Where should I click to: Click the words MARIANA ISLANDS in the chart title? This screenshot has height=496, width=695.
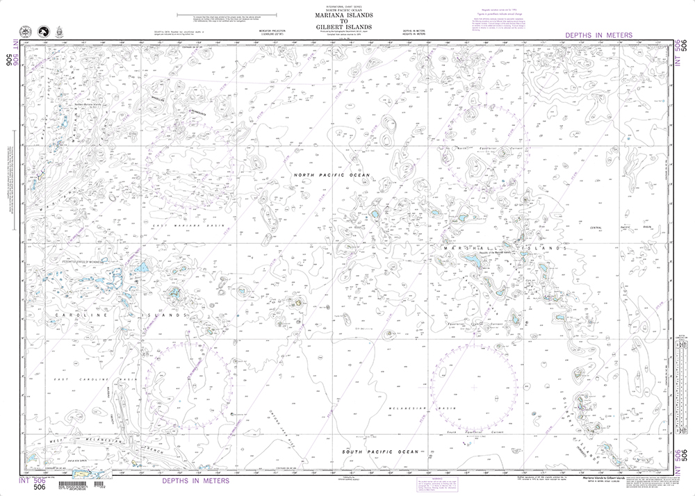(x=347, y=15)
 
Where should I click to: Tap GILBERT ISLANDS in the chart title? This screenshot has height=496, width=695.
(x=347, y=28)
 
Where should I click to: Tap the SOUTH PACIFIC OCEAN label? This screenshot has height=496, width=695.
(x=380, y=452)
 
